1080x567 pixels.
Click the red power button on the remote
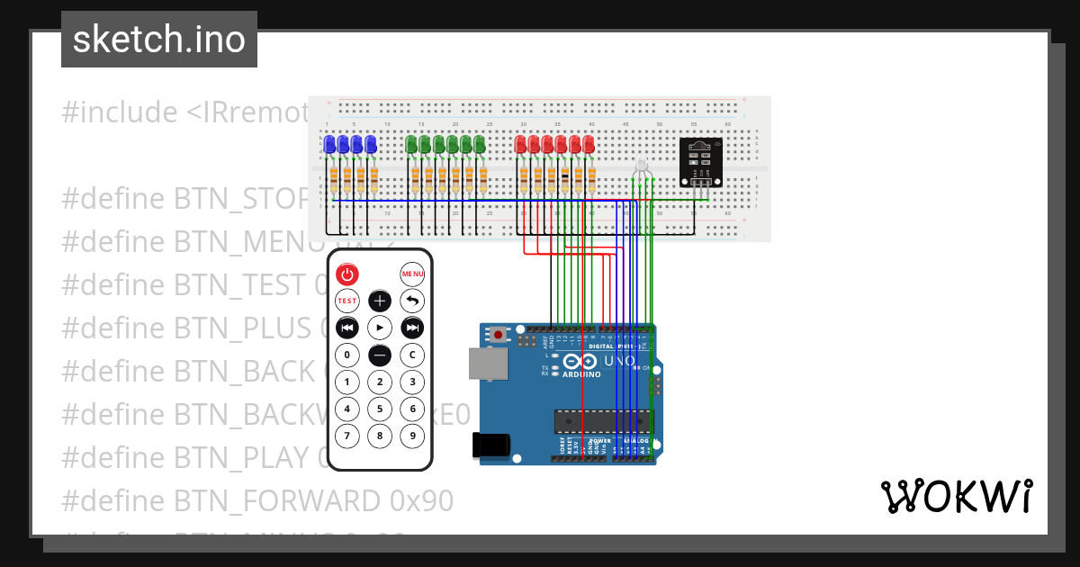tap(347, 274)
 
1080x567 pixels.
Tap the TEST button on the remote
tap(347, 301)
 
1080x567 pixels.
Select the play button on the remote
tap(380, 328)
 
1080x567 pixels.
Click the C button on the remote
tap(412, 355)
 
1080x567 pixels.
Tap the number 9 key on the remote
tap(412, 436)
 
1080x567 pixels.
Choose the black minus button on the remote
tap(380, 355)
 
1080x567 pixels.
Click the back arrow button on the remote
tap(412, 301)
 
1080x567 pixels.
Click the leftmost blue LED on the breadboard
tap(329, 144)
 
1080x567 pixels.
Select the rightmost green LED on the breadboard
tap(480, 144)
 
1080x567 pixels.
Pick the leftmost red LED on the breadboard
tap(520, 144)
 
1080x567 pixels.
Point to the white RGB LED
tap(642, 166)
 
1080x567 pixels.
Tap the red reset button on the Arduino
tap(499, 335)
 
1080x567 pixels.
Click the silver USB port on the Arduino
tap(487, 364)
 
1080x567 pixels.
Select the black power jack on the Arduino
tap(492, 445)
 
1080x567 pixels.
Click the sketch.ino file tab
tap(159, 40)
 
